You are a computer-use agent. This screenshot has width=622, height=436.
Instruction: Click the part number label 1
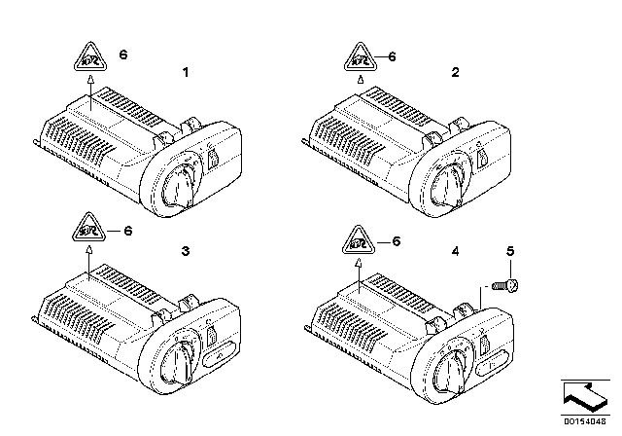(x=188, y=72)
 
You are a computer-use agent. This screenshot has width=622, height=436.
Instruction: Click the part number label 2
(x=456, y=72)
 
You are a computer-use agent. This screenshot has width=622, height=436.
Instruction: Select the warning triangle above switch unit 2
(x=355, y=59)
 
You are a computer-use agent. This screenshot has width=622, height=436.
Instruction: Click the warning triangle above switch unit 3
(x=89, y=233)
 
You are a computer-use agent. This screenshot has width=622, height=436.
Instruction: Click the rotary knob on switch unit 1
(x=182, y=181)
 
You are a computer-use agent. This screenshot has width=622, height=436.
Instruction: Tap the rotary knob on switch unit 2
(x=450, y=181)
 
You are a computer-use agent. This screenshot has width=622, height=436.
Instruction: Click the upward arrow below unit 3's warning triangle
(x=89, y=255)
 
